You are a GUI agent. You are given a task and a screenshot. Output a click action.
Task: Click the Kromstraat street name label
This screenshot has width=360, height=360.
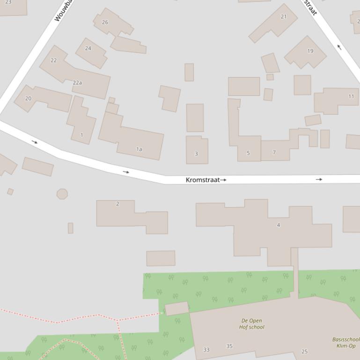[x=203, y=180]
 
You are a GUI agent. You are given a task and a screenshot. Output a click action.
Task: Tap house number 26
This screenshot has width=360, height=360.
[x=105, y=22]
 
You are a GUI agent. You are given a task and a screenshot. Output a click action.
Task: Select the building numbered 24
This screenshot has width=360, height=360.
[x=88, y=48]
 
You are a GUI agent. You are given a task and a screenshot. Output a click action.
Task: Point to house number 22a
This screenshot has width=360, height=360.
[x=77, y=83]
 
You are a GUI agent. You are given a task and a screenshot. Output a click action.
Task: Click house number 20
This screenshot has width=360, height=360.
[x=28, y=98]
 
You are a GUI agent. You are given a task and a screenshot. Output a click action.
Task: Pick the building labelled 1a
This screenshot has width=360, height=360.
[x=139, y=149]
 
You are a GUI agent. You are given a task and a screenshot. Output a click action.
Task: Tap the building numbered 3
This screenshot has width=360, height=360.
[x=196, y=153]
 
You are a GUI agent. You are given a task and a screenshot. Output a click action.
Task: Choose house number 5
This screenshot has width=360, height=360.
[x=248, y=153]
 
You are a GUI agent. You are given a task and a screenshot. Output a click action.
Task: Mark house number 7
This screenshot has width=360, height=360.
[x=274, y=152]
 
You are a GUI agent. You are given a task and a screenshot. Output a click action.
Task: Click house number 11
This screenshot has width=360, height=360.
[x=351, y=96]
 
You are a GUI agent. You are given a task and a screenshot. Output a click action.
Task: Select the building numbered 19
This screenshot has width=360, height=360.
[x=310, y=51]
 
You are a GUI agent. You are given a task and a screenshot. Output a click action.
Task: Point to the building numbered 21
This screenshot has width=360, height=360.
[x=283, y=16]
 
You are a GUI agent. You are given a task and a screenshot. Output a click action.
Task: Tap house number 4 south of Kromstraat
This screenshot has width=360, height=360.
[x=278, y=225]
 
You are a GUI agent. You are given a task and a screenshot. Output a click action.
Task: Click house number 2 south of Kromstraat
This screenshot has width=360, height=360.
[x=118, y=204]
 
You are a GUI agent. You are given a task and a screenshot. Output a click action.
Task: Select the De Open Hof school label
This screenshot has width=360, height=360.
[x=252, y=324]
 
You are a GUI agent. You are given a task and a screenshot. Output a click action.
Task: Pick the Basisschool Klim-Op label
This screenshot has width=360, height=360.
[x=346, y=343]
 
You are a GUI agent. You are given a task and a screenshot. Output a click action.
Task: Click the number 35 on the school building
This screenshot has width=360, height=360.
[x=229, y=346]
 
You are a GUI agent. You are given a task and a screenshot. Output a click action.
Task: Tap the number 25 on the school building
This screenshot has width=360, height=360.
[x=304, y=352]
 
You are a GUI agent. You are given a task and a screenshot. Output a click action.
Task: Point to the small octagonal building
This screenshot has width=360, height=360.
[x=62, y=194]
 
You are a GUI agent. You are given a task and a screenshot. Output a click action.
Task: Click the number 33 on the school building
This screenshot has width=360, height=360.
[x=206, y=350]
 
